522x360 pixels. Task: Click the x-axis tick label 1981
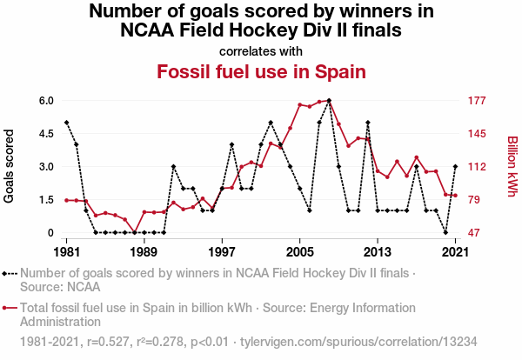pos(65,252)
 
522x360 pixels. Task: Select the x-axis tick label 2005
pos(300,252)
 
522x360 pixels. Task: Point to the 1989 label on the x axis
pos(144,252)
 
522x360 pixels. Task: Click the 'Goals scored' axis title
pos(10,166)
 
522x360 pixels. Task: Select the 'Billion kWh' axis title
pos(512,166)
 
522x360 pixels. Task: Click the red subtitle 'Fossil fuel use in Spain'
pos(261,70)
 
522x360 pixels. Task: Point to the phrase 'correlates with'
pos(261,50)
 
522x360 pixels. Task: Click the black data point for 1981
pos(66,123)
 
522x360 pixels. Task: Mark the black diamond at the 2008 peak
pos(329,101)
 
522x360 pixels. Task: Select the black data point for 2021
pos(456,166)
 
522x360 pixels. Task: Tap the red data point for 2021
pos(456,196)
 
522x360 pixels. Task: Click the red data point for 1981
pos(66,200)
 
